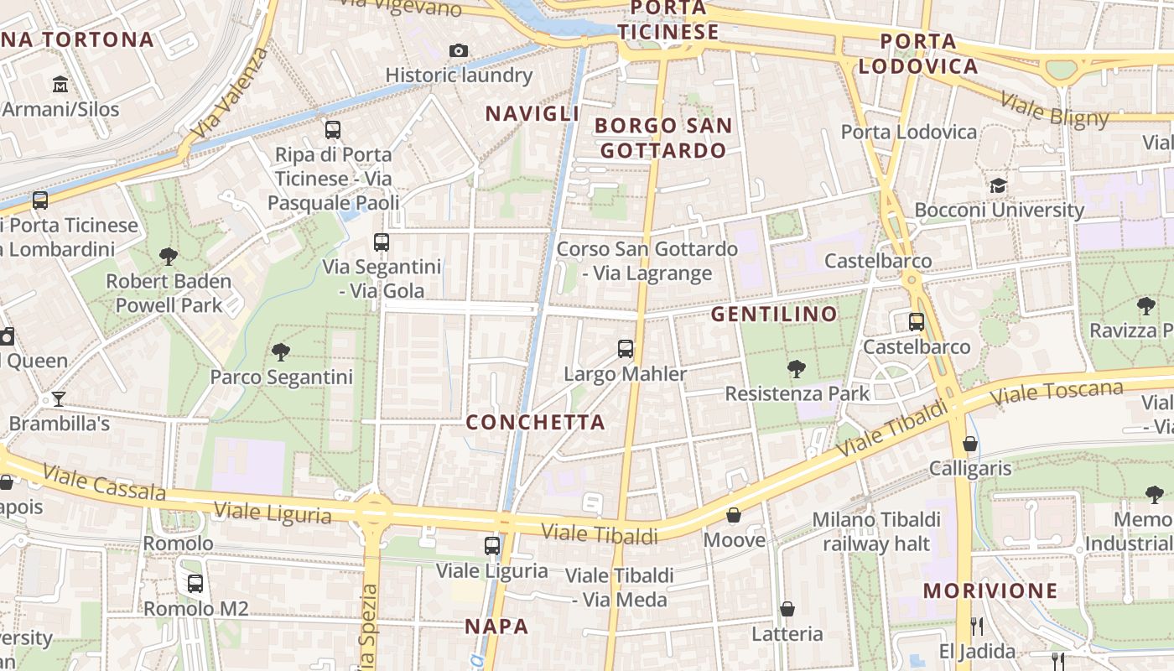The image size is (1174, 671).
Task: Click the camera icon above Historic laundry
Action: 458,50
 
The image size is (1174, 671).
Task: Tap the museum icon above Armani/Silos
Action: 60,85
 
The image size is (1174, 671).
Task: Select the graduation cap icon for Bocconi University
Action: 998,185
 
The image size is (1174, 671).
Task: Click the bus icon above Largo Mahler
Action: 625,349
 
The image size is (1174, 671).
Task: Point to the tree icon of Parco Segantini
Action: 281,352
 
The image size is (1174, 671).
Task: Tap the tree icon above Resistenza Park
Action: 796,368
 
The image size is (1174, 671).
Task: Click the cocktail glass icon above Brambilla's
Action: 59,398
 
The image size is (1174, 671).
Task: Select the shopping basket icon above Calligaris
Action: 970,443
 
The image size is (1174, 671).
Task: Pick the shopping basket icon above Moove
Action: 734,515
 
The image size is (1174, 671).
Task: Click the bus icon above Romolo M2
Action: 195,584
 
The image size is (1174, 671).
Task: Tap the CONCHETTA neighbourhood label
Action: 535,422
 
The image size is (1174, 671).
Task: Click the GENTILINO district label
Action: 774,315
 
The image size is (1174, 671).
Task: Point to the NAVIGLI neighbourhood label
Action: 532,114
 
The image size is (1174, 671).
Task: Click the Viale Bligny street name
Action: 1055,110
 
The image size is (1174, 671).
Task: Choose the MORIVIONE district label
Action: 990,590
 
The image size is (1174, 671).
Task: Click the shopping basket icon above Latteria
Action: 787,609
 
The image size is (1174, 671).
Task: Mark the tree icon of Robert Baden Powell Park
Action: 169,256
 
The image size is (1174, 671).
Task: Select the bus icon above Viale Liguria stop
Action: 492,546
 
